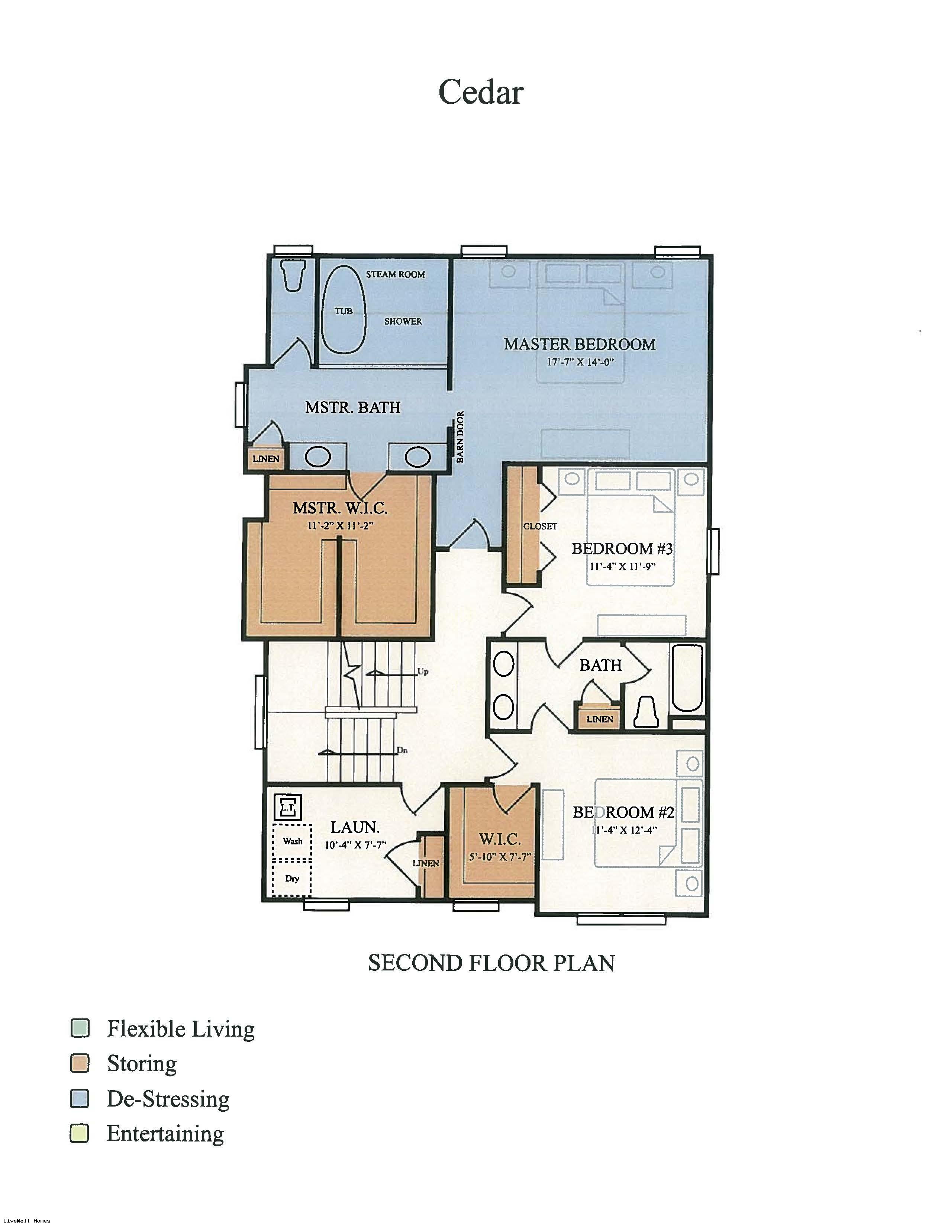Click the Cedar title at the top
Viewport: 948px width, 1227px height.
(x=481, y=92)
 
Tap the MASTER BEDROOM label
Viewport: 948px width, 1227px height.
(x=580, y=344)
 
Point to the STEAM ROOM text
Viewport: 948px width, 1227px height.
(x=396, y=274)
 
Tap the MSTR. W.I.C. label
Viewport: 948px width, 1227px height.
(x=340, y=508)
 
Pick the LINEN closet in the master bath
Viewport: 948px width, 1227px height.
(x=266, y=458)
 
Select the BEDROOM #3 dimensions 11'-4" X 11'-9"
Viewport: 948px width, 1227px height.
(x=622, y=566)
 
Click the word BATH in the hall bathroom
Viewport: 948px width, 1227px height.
(x=600, y=665)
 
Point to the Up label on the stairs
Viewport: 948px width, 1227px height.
(x=422, y=672)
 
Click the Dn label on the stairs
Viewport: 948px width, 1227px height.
(x=402, y=750)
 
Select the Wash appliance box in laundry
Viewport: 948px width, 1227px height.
(x=292, y=841)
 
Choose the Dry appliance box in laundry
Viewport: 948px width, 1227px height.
(x=292, y=878)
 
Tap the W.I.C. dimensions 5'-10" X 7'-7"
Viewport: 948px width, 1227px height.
(x=500, y=857)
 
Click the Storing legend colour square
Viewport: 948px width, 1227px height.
(x=80, y=1063)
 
